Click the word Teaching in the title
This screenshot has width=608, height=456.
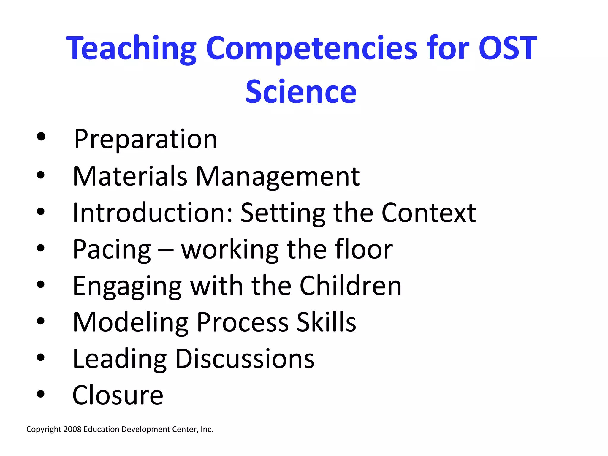131,48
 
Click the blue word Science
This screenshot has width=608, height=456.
301,92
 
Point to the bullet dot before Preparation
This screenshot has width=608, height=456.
41,137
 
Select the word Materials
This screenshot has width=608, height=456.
130,176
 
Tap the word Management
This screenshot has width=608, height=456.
278,177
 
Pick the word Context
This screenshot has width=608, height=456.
429,213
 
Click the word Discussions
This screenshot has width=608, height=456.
245,359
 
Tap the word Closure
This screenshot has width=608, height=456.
118,395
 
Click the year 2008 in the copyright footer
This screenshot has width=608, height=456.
72,429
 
